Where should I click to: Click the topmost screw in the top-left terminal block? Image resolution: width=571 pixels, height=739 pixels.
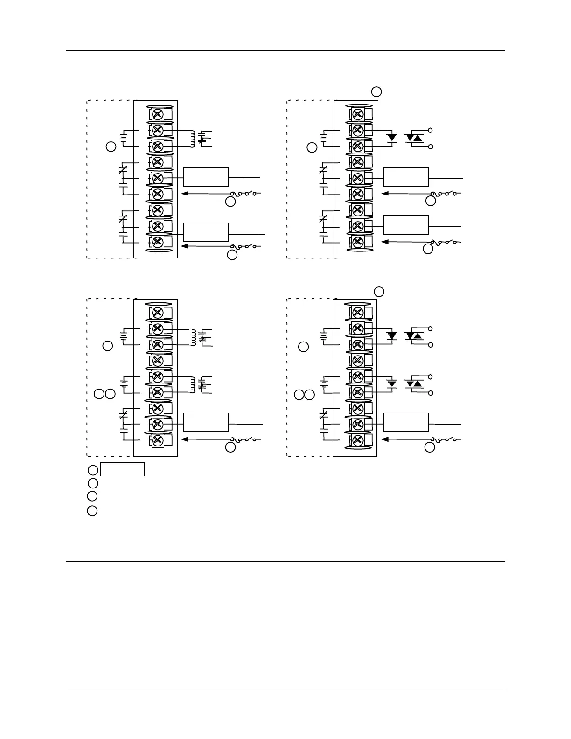(x=157, y=114)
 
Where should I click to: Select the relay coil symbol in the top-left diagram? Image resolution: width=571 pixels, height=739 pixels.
(x=191, y=139)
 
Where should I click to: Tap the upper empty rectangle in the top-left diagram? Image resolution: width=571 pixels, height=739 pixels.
(x=206, y=176)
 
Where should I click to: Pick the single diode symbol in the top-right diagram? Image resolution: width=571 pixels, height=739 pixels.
(x=392, y=138)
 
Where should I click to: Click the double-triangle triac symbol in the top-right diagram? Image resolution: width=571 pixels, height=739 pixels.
(x=414, y=138)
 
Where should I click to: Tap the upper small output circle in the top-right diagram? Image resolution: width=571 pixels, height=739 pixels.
(x=431, y=130)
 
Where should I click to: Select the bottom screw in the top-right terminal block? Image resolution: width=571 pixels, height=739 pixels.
(x=358, y=242)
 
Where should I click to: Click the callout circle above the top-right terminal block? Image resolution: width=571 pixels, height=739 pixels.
(x=376, y=91)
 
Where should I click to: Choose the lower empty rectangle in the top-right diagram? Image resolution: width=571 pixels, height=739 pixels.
(x=406, y=225)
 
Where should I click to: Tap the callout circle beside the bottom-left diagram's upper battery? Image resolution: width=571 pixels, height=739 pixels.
(x=108, y=346)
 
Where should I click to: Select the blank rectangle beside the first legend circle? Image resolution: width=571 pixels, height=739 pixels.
(x=123, y=469)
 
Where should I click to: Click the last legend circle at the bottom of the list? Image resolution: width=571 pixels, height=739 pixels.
(x=92, y=510)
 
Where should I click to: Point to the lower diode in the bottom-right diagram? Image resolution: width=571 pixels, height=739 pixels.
(x=392, y=384)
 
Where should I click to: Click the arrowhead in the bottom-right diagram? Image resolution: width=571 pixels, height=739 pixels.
(x=385, y=439)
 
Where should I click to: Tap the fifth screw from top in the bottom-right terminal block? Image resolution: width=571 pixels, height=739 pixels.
(x=357, y=376)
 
